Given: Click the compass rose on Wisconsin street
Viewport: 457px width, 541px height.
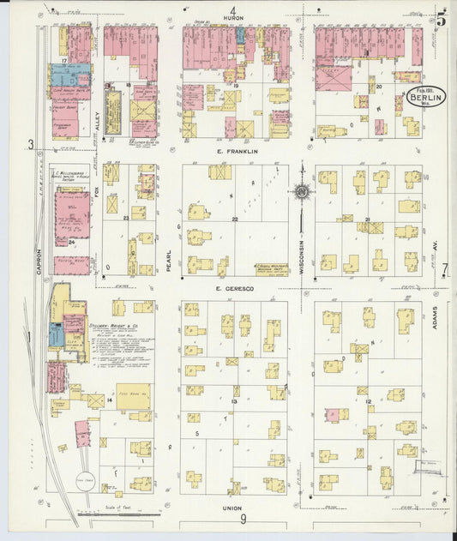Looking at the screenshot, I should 302,192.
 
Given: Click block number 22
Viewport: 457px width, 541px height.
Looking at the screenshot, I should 234,220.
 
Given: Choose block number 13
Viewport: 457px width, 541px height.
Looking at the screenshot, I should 234,400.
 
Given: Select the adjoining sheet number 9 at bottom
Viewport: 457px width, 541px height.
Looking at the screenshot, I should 244,520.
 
